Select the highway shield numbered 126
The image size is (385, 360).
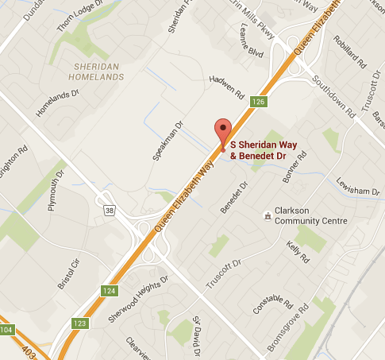[258, 102]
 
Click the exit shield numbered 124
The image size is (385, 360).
[109, 291]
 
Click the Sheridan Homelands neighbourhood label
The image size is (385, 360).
[97, 72]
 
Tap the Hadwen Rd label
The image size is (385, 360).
[226, 87]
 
